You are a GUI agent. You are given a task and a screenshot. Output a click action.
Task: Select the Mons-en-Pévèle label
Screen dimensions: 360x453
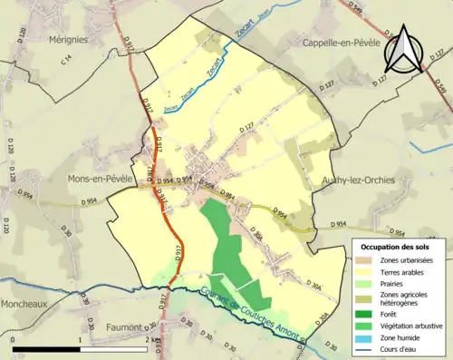coord(101,179)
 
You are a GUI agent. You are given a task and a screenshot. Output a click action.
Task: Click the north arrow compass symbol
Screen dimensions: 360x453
coord(402,51)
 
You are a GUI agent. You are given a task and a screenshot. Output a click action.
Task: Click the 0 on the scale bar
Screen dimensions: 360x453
coord(14,339)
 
